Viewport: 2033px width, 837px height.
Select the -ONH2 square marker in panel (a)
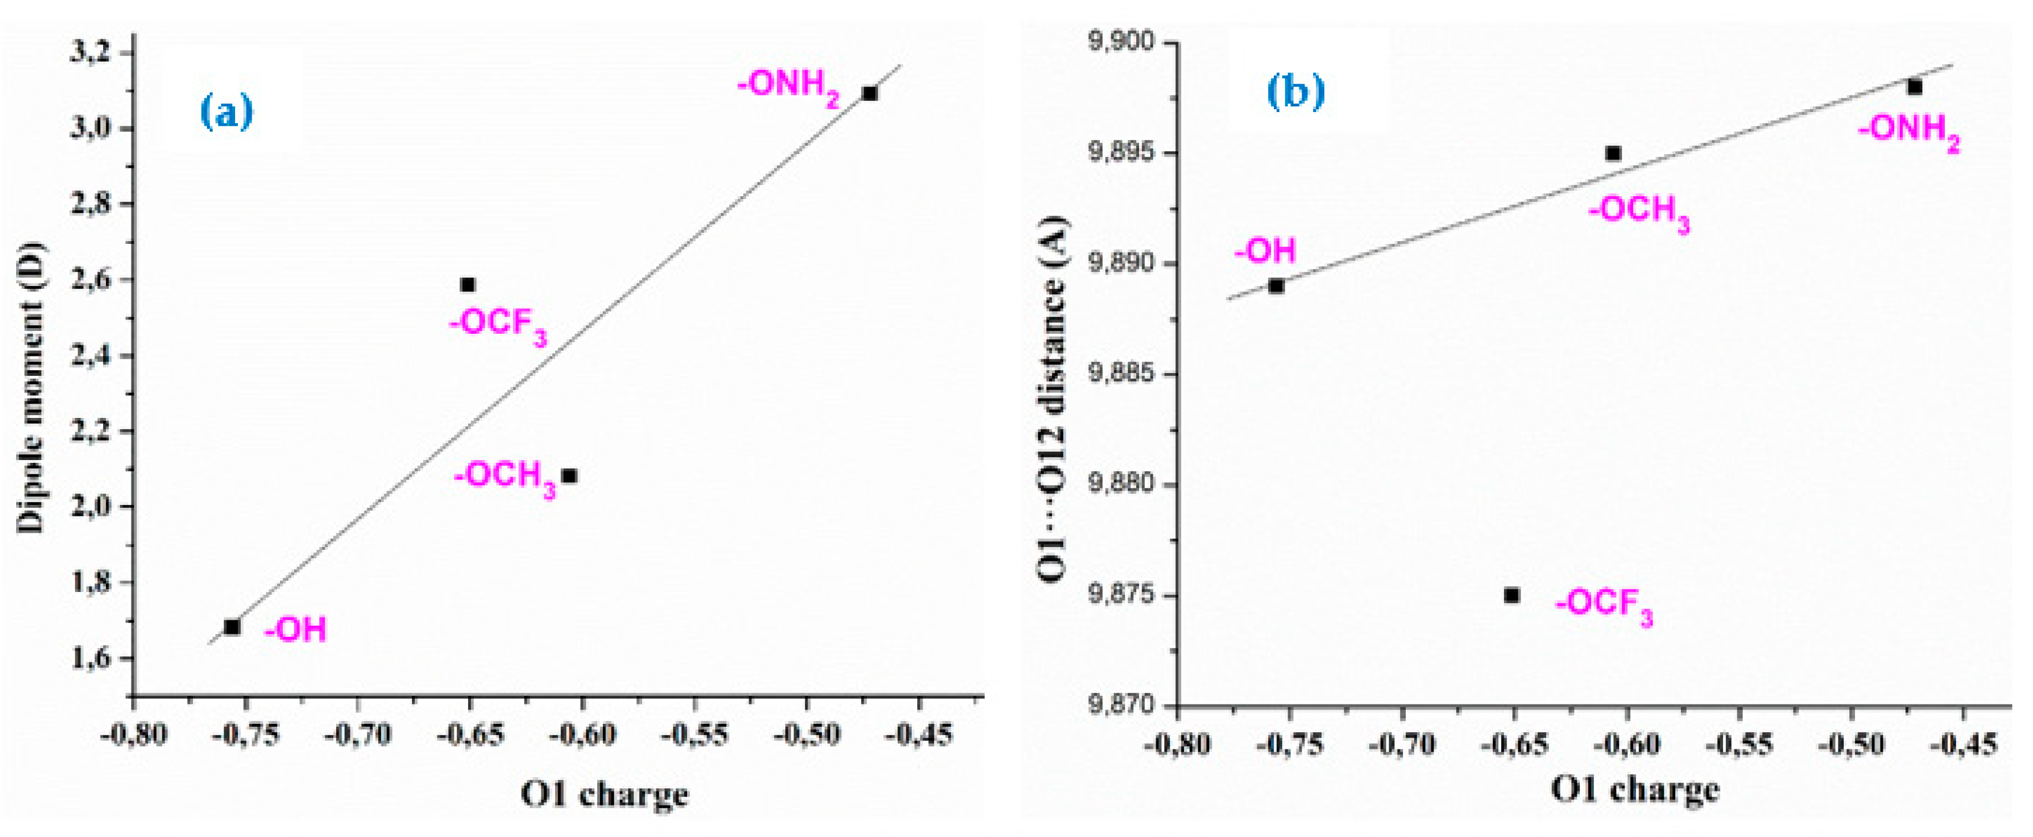870,94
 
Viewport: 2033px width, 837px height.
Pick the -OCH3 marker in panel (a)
569,476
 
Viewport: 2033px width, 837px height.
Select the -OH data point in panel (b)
1276,287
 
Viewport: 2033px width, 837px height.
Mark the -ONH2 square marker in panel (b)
1915,87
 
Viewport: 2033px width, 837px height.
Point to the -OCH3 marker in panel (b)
1613,153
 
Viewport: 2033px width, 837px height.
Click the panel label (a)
227,111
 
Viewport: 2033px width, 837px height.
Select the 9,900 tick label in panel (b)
1121,42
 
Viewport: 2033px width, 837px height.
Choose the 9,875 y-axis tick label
1121,595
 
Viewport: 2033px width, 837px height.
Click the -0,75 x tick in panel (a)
246,735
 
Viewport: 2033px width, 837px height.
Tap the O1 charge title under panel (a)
604,794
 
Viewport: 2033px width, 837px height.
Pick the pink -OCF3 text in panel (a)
498,326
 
